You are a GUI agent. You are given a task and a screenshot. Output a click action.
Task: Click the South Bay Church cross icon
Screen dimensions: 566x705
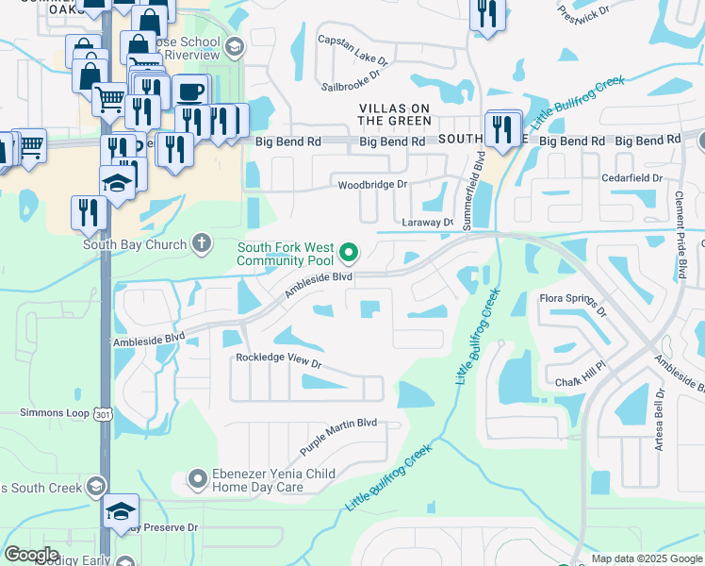click(200, 243)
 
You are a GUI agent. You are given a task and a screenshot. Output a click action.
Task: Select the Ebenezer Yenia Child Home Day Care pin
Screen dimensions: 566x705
click(198, 479)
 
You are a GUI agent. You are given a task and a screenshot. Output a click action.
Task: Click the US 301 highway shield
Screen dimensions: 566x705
click(105, 414)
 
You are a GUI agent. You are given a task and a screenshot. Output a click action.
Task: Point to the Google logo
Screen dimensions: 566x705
click(31, 555)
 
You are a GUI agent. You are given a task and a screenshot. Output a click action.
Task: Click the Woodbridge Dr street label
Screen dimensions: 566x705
click(374, 186)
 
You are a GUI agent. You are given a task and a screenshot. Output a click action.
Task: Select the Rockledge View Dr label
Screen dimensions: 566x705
click(279, 360)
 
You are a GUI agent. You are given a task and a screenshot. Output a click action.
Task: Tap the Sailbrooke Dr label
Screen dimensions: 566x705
click(355, 71)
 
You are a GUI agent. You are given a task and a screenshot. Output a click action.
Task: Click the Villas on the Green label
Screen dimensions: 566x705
click(395, 114)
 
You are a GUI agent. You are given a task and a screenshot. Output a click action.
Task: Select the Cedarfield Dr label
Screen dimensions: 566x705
click(639, 176)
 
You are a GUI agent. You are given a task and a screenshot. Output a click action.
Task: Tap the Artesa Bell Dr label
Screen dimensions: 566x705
click(661, 419)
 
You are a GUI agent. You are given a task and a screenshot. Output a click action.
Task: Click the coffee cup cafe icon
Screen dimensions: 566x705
click(191, 92)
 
